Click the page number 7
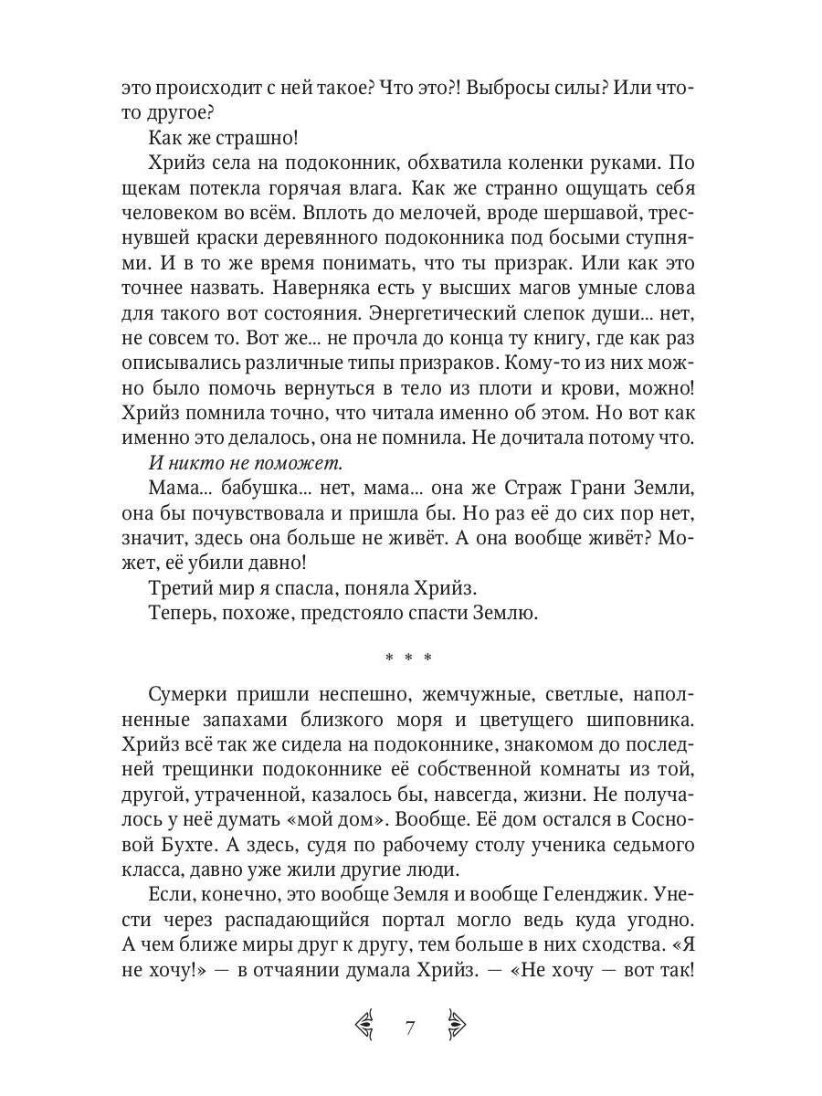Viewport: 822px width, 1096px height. (410, 1027)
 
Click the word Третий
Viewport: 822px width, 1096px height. (183, 585)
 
